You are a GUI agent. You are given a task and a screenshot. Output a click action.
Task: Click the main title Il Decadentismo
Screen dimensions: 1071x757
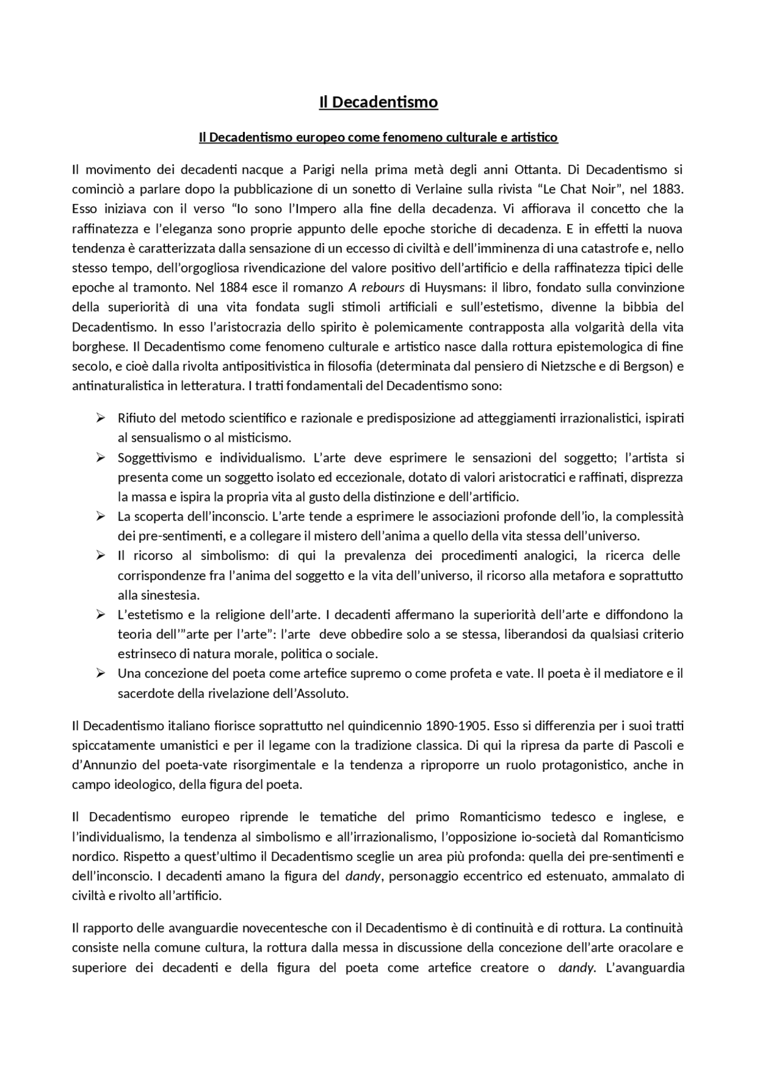(x=378, y=102)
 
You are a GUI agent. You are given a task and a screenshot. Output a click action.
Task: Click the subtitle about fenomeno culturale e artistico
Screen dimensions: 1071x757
(x=378, y=138)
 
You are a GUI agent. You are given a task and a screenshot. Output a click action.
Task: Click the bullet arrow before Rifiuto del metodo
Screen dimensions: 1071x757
(x=101, y=418)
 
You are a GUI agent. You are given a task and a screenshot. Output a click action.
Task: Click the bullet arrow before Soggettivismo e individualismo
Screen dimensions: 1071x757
(x=101, y=458)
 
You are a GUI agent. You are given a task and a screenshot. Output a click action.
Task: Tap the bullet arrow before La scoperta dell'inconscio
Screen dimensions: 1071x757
(x=101, y=516)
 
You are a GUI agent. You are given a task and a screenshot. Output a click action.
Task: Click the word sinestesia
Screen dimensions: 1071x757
(x=166, y=595)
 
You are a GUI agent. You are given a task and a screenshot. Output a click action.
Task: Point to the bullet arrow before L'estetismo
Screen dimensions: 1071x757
(x=101, y=614)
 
